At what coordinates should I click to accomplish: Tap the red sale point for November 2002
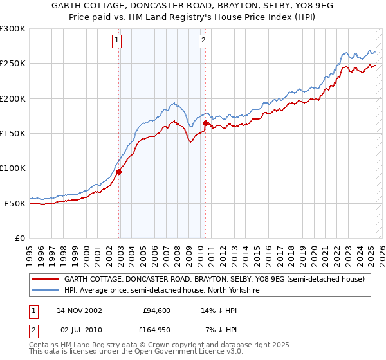119,172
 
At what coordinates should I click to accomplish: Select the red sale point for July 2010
205,123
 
